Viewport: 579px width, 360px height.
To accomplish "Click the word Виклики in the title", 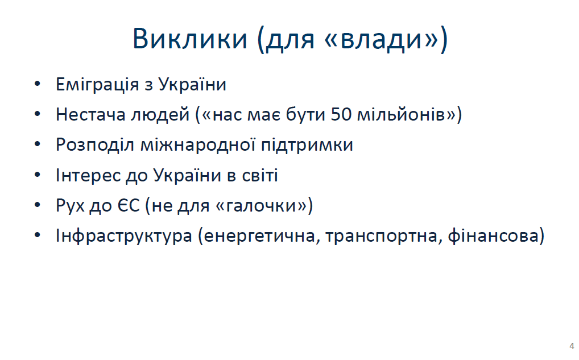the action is click(190, 39).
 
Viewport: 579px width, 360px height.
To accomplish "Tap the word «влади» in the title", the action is click(382, 39).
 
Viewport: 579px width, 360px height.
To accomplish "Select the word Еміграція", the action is click(97, 85).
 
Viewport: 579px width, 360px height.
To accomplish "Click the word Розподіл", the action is click(95, 144).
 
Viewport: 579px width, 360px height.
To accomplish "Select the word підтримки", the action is click(307, 145).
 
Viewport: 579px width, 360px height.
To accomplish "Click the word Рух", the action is click(70, 205).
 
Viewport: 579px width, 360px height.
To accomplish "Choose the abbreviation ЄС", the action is click(129, 205).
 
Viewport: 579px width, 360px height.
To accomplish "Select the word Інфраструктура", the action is click(123, 235).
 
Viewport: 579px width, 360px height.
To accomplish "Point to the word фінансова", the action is click(493, 235).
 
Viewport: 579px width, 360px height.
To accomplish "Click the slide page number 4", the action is click(572, 346).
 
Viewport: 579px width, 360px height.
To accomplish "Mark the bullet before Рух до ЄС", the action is click(38, 205).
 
